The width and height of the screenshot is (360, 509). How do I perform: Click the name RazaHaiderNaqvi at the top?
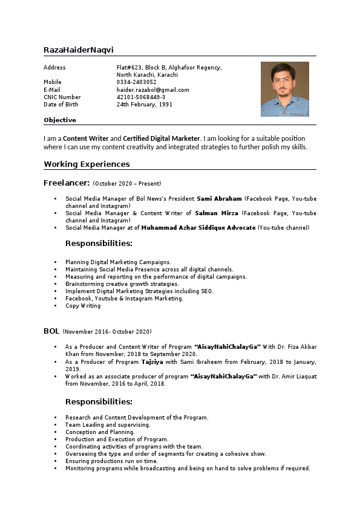79,50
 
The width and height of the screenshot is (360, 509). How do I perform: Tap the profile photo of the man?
284,89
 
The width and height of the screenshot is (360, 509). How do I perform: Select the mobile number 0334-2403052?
136,82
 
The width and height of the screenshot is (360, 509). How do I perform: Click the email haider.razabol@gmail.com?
152,89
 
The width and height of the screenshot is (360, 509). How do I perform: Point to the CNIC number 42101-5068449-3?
140,97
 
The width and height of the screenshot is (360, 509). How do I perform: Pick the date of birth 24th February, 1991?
144,104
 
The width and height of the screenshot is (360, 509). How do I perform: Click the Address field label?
54,68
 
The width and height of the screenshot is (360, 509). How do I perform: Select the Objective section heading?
60,120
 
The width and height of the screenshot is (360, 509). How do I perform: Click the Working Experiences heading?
87,164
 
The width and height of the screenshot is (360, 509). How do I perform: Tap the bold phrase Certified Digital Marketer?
162,138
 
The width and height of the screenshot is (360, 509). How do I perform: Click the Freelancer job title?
67,183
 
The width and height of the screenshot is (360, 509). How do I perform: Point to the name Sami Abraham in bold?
219,198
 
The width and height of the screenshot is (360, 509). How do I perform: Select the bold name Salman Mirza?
217,213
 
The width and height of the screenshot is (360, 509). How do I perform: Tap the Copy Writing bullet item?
83,306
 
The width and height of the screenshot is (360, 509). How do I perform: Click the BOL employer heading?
51,331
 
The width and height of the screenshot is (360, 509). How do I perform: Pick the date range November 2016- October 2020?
107,331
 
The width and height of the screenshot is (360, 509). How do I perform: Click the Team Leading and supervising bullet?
108,425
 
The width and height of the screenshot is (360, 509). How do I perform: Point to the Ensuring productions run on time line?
111,461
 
